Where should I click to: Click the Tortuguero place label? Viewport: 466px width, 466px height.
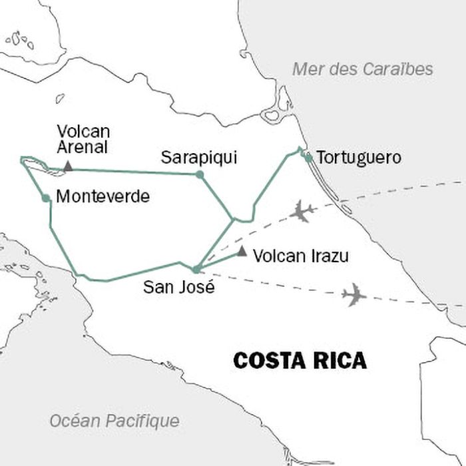[359, 158]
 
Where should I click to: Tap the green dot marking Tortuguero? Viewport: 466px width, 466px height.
[308, 158]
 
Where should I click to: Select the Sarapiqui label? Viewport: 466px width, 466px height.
[199, 158]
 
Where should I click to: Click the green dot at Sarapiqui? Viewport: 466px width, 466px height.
[199, 174]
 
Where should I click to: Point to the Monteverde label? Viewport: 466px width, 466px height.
[103, 197]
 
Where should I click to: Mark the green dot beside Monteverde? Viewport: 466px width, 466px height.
[46, 198]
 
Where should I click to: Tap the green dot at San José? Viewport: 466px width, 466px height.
[196, 269]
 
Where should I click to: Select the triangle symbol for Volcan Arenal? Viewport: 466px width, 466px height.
[68, 166]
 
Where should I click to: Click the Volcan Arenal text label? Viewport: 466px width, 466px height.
[83, 138]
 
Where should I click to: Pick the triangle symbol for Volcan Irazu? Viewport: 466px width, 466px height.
[242, 252]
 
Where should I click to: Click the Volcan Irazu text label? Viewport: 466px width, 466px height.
[301, 256]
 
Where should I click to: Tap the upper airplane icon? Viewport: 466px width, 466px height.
[302, 211]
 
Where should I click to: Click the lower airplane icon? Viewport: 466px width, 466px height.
[353, 294]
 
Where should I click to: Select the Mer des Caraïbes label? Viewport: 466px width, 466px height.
[363, 69]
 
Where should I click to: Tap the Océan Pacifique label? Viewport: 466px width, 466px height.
[115, 421]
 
